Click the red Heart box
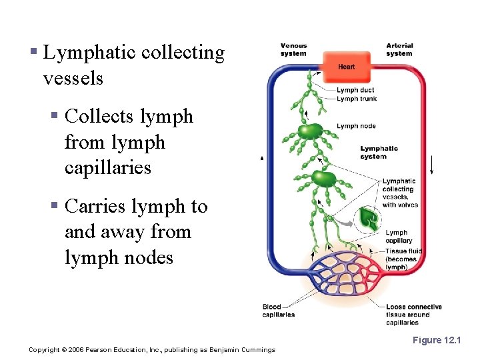[346, 67]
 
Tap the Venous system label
[293, 50]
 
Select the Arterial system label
[399, 50]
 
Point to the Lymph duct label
[356, 90]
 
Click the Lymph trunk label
[357, 99]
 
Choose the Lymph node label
[356, 126]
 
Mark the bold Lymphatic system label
[379, 153]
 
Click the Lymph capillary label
[399, 237]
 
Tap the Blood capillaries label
[278, 311]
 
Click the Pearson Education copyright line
[152, 350]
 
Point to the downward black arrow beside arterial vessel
[432, 163]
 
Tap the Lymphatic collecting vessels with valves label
[399, 193]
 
